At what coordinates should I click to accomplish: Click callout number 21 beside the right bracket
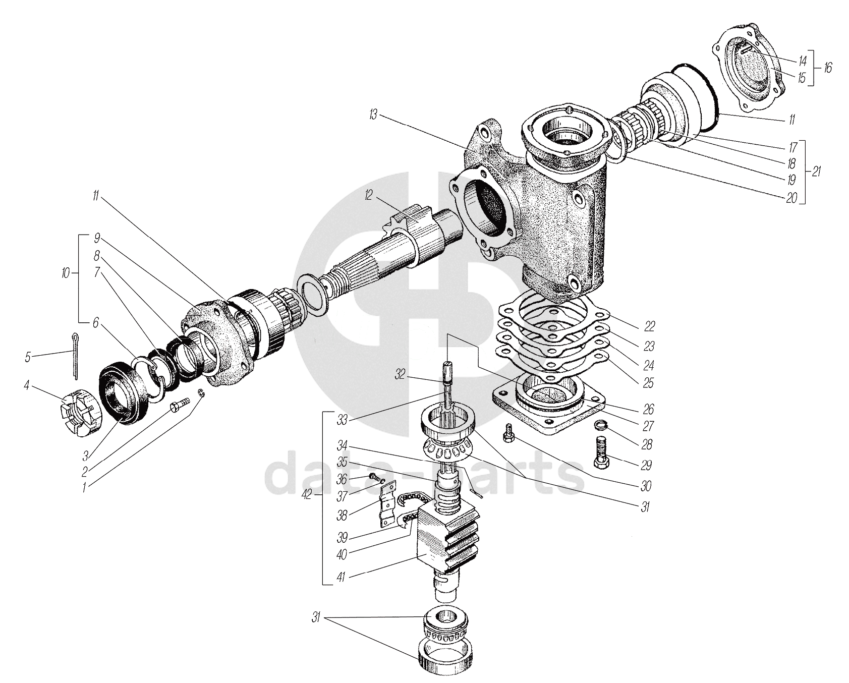pyautogui.click(x=817, y=171)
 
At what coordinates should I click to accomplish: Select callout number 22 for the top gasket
pyautogui.click(x=649, y=326)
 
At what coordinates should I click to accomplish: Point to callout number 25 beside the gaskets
pyautogui.click(x=648, y=383)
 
